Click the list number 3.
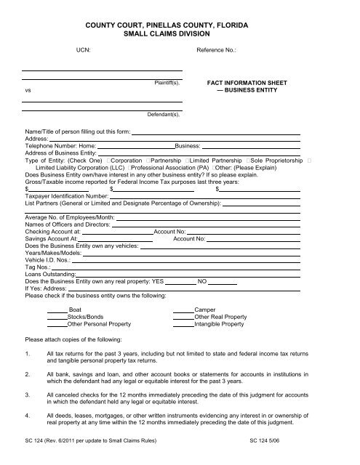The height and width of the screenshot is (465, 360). point(27,395)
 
